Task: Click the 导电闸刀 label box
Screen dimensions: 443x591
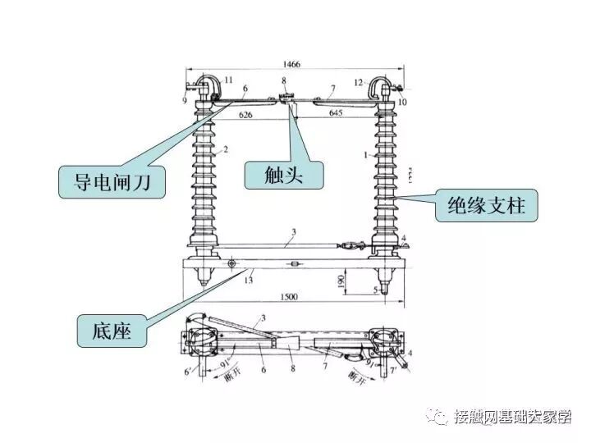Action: (112, 180)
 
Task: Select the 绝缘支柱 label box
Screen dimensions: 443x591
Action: (485, 205)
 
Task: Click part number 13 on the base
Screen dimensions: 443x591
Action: (249, 281)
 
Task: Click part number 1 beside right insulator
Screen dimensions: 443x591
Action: (364, 153)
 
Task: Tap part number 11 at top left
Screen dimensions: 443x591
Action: (228, 79)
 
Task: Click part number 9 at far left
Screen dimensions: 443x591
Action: (185, 100)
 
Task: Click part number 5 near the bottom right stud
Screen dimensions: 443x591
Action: (374, 290)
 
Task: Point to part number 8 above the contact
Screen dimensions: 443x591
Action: (284, 80)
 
